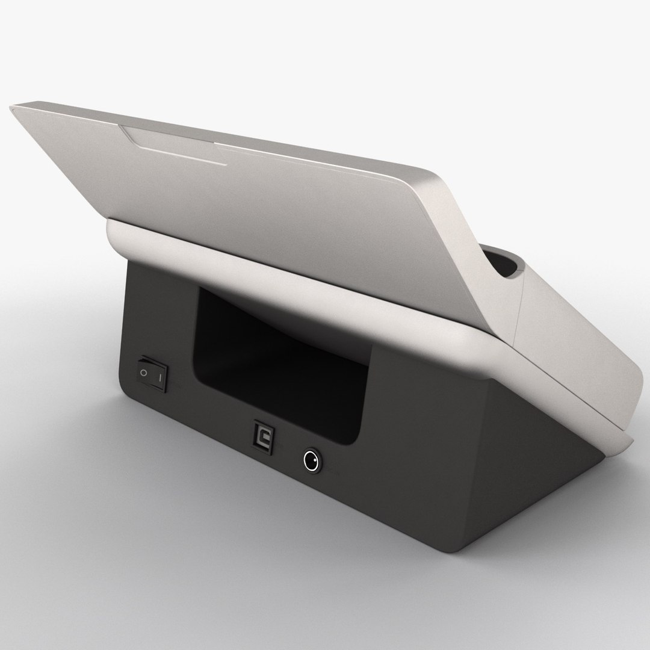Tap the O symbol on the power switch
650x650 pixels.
pos(143,372)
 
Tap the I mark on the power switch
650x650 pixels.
pos(159,377)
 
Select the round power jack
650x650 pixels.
pos(311,462)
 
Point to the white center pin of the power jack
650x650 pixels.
pos(311,462)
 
